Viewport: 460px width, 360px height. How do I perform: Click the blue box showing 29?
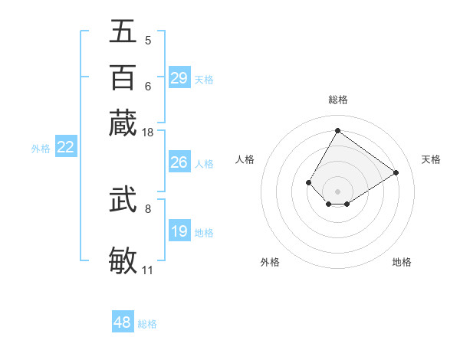point(179,78)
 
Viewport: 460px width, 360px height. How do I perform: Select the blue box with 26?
point(179,162)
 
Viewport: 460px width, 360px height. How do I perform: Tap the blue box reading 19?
point(179,231)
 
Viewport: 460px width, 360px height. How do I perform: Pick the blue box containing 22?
point(65,147)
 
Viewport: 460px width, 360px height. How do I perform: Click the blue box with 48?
point(122,322)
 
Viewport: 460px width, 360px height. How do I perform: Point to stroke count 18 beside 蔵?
point(148,133)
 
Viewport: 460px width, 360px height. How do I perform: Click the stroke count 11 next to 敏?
point(147,270)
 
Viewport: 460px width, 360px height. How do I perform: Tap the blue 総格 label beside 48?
point(147,324)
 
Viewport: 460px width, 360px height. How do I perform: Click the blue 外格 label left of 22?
point(41,149)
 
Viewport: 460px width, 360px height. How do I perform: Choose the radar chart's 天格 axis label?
point(431,159)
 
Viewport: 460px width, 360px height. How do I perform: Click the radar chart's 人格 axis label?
point(245,159)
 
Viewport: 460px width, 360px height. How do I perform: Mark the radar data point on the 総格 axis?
point(337,130)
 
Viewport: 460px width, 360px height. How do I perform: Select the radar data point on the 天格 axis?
point(396,172)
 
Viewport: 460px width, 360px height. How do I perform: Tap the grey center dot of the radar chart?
point(337,191)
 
